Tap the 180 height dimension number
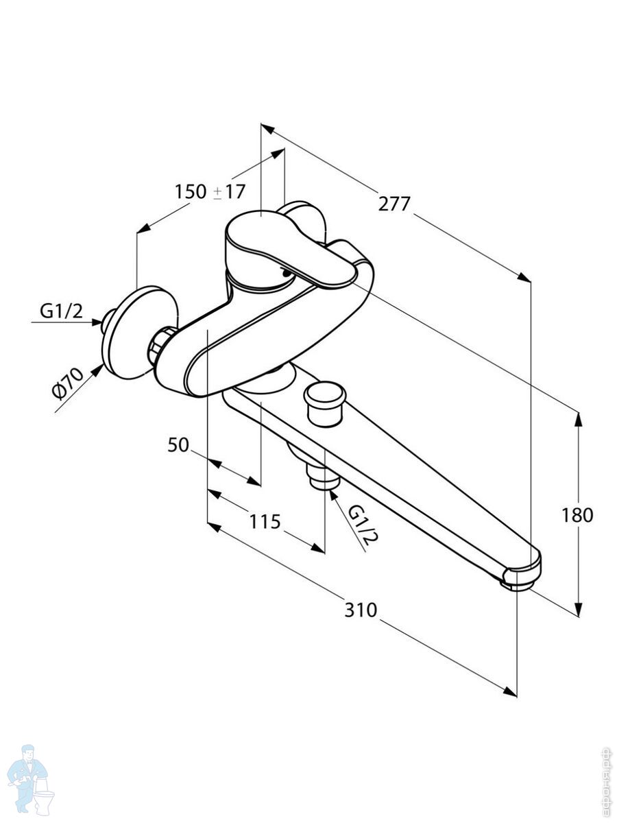click(x=577, y=514)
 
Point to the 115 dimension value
click(x=265, y=522)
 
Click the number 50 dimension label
click(x=178, y=445)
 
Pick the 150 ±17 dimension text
click(x=209, y=191)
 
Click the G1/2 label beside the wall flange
click(x=61, y=311)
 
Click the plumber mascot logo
click(x=28, y=778)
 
